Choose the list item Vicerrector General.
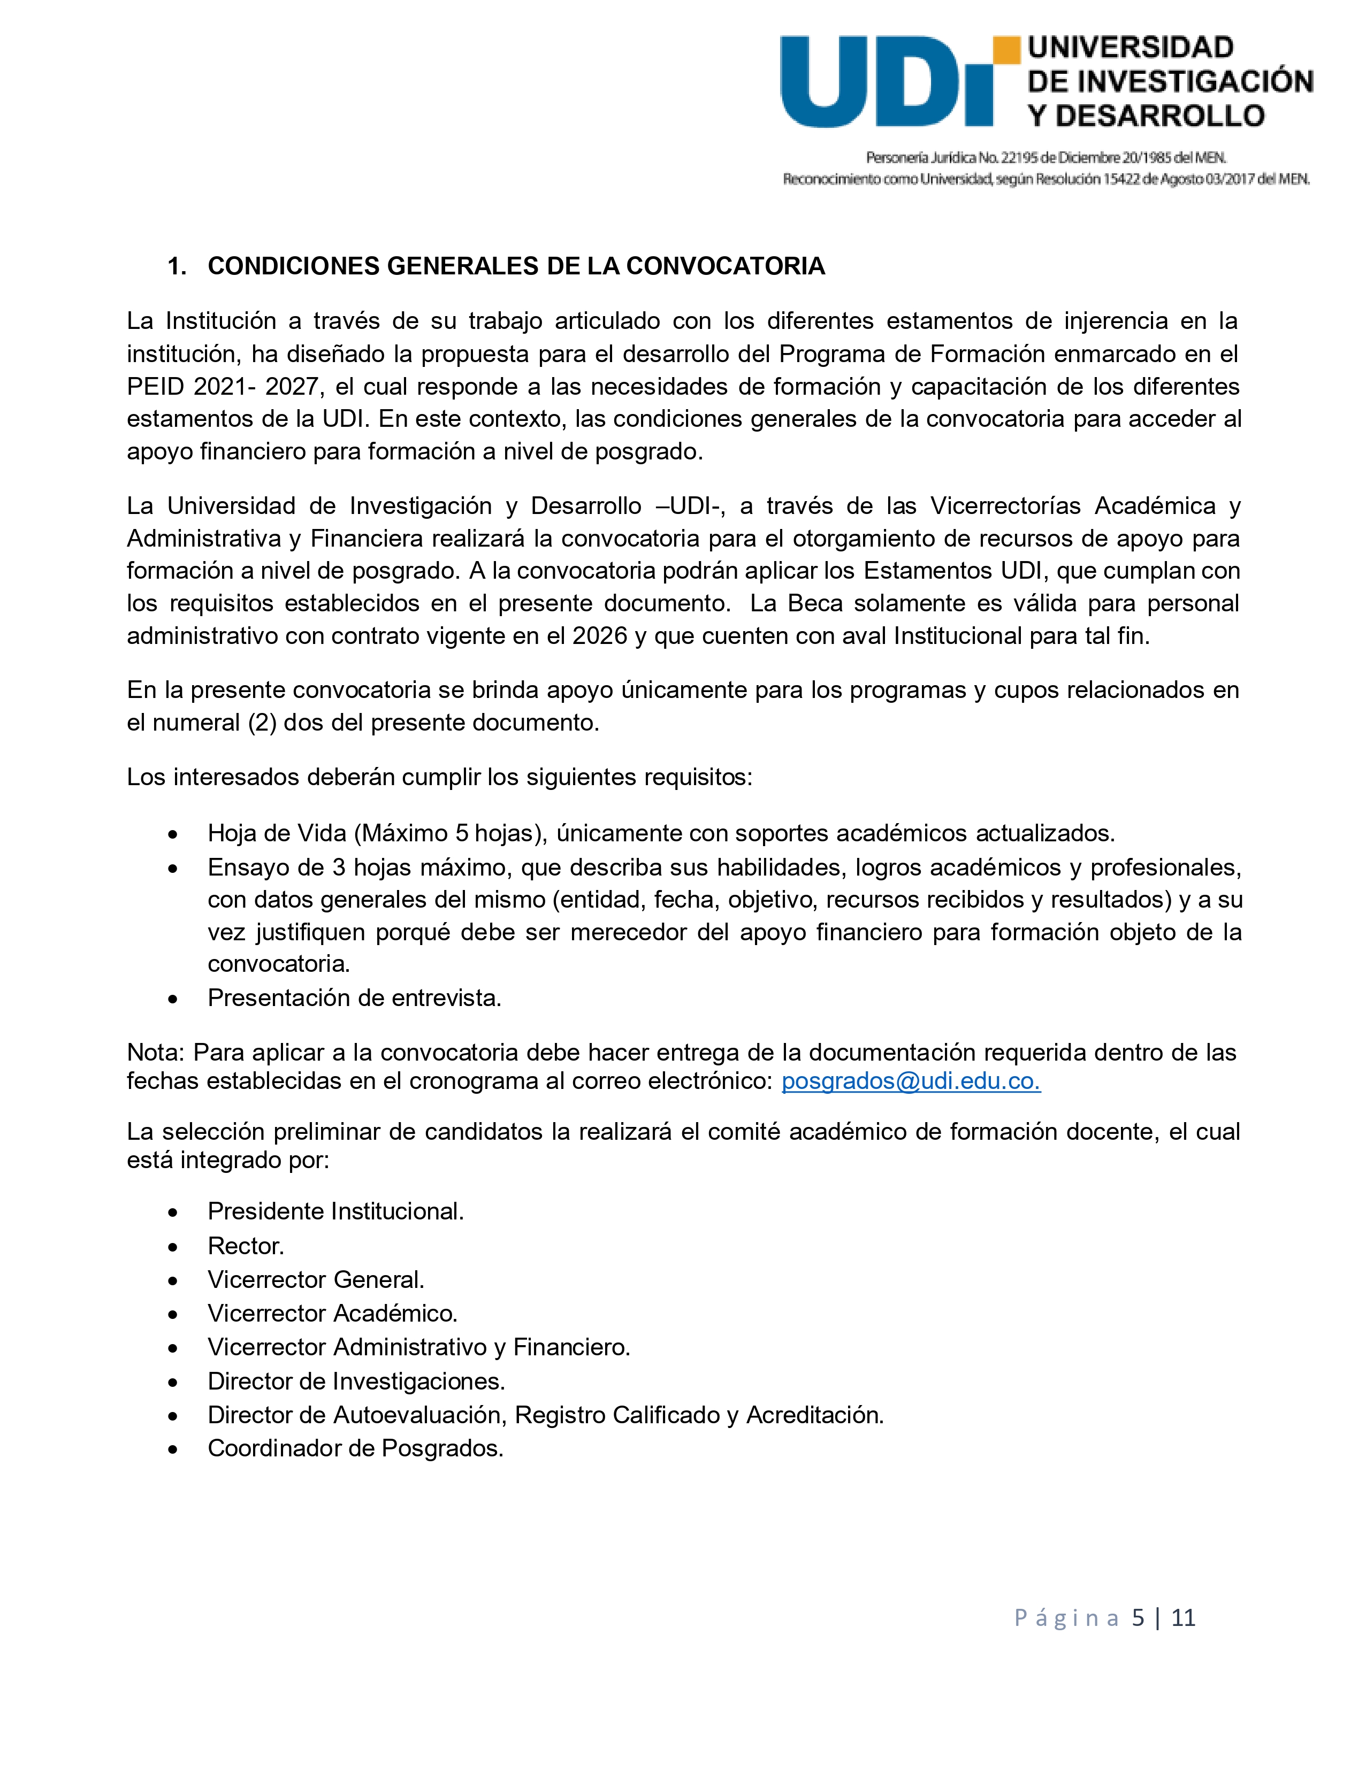[x=316, y=1279]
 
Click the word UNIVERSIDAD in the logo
[x=1130, y=48]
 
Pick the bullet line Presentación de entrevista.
[x=354, y=998]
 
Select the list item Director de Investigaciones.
[x=356, y=1381]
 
